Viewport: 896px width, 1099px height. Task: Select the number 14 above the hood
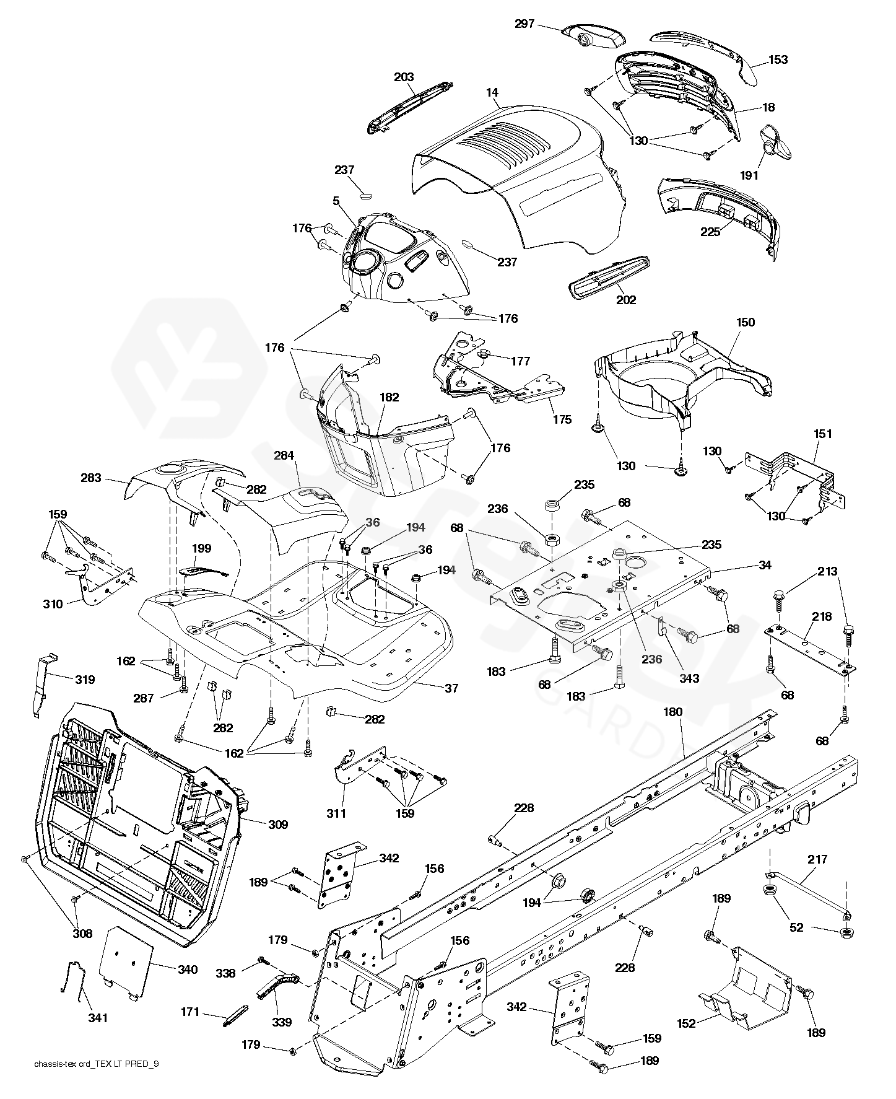point(492,92)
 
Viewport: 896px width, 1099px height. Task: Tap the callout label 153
point(778,59)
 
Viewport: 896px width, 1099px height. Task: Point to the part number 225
point(710,232)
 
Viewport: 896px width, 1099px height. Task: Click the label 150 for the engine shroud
point(746,322)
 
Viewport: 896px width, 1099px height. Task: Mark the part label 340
point(187,970)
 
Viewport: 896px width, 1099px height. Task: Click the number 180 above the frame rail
point(673,712)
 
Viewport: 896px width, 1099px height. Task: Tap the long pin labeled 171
point(235,1018)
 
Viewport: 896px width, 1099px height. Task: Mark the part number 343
point(689,678)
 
